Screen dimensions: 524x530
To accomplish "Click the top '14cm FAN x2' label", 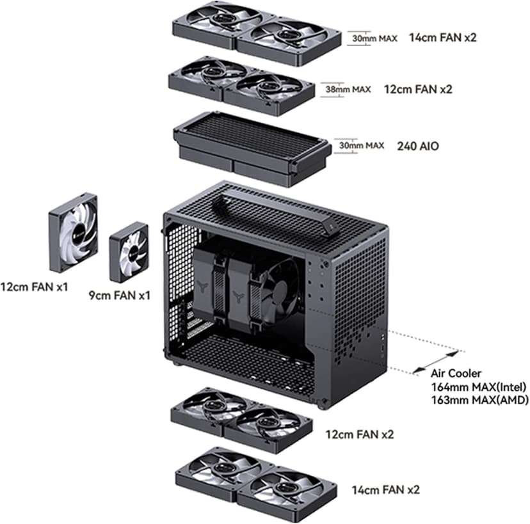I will click(442, 38).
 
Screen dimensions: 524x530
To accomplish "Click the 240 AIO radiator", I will click(251, 148).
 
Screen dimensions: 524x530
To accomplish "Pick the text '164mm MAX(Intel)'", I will click(479, 386).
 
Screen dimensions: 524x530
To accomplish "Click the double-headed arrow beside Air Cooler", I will click(435, 361).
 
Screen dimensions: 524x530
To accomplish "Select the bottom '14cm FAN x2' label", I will click(386, 490).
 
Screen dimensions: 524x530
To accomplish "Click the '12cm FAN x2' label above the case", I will click(418, 89).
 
